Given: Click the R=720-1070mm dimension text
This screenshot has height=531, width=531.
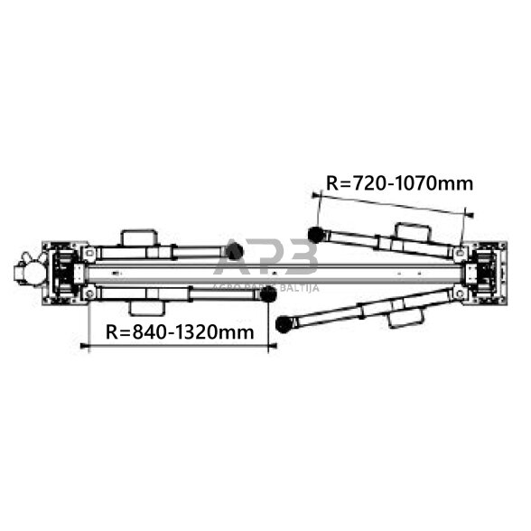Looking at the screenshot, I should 398,183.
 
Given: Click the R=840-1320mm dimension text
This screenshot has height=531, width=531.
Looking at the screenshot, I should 180,331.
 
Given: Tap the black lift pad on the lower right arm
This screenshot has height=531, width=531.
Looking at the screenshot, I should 284,323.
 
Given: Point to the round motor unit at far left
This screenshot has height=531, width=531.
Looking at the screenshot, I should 24,270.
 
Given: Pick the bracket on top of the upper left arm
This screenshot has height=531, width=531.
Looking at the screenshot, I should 137,238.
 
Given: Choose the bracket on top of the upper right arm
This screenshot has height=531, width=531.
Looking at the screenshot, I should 411,231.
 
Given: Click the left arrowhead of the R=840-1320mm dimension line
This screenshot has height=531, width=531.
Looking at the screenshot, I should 84,346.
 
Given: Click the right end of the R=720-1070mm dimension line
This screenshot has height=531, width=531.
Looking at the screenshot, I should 470,214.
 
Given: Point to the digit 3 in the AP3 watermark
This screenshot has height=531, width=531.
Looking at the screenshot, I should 298,258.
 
